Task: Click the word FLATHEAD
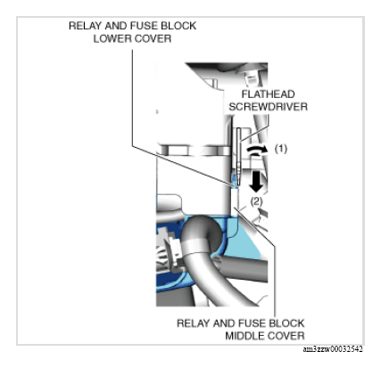(x=268, y=94)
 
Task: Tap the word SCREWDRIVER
(x=268, y=107)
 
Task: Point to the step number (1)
(x=281, y=148)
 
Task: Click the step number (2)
(x=256, y=201)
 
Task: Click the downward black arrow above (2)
(x=256, y=181)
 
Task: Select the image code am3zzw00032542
(x=333, y=349)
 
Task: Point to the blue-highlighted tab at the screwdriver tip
(x=235, y=181)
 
